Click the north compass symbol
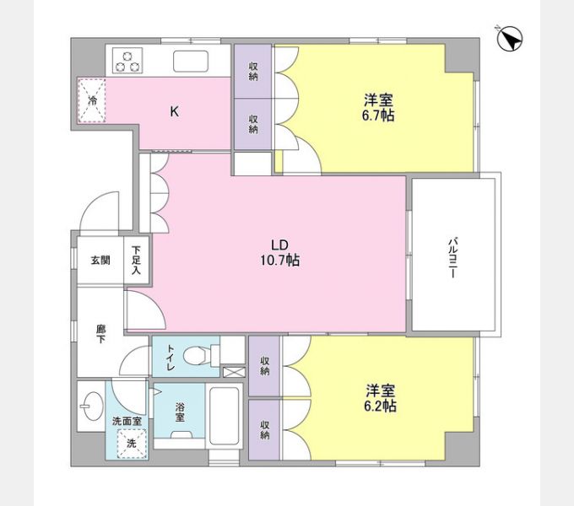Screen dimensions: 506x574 point(510,39)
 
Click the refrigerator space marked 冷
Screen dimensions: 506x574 point(94,100)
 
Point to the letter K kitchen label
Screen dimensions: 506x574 point(174,111)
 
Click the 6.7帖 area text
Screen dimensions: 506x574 point(377,116)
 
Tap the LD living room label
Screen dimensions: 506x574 point(280,245)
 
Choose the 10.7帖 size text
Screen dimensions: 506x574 point(280,261)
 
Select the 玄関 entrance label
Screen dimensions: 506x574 point(100,261)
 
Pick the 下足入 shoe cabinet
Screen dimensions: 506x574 point(138,261)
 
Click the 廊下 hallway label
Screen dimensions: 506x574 point(100,334)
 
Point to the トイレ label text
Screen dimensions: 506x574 point(169,358)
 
